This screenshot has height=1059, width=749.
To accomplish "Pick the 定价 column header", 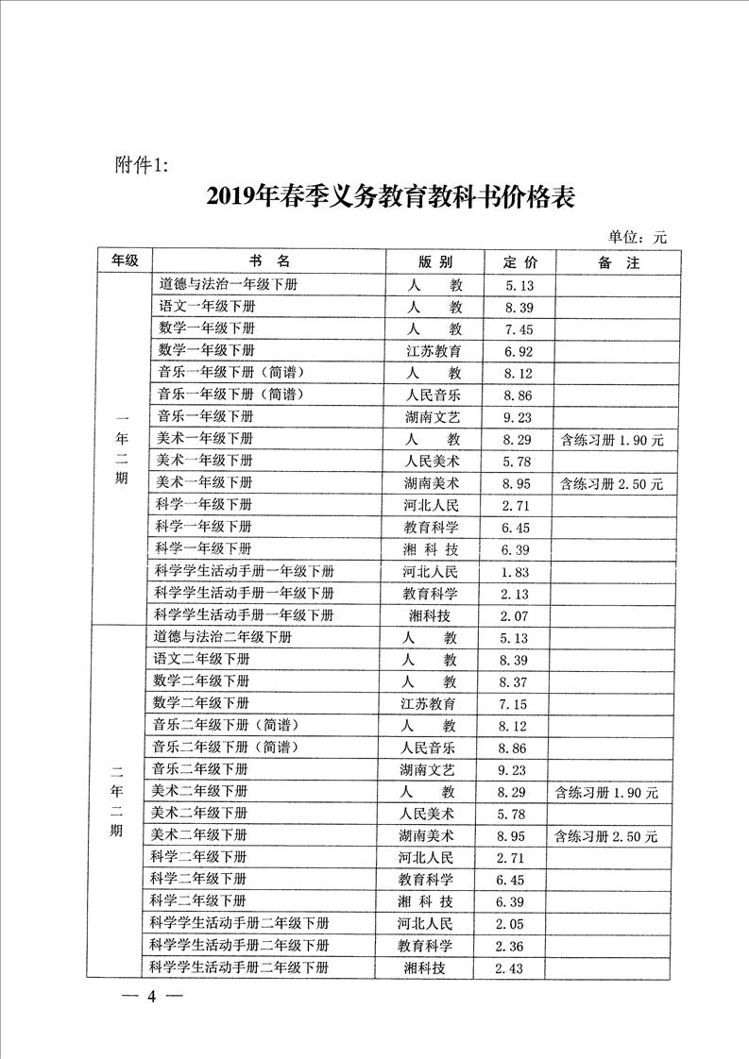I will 519,262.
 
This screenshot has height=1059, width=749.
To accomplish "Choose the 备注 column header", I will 619,262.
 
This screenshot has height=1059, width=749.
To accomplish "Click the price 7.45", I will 519,329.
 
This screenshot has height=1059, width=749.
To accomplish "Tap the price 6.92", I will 519,351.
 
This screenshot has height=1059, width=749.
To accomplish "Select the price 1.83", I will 519,572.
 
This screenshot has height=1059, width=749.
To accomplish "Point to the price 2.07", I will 519,615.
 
